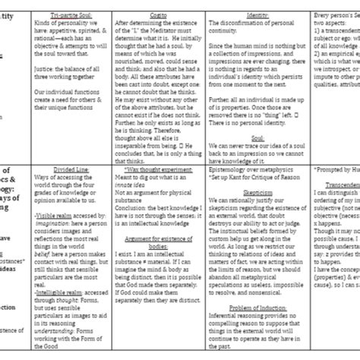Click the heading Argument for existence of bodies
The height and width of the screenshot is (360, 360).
pos(155,260)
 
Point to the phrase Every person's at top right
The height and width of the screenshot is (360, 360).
pos(334,14)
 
